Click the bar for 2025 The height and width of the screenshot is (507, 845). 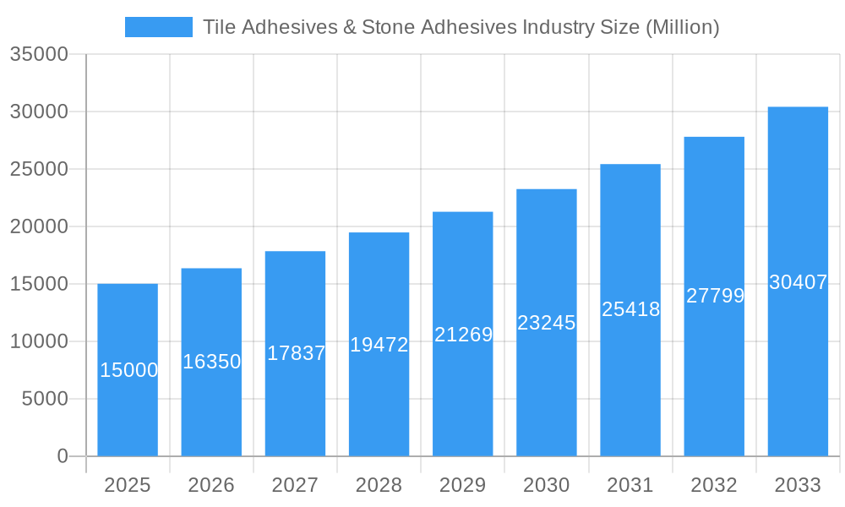click(128, 406)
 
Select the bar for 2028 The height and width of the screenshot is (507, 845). click(379, 397)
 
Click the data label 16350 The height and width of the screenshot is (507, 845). click(212, 362)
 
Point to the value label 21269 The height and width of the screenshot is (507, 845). click(463, 335)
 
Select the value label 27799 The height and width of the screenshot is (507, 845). click(715, 296)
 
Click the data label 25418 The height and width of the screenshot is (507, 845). click(630, 309)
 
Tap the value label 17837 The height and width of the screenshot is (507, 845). click(296, 353)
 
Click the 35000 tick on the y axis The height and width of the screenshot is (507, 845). click(39, 54)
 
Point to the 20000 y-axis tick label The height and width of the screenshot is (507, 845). click(39, 226)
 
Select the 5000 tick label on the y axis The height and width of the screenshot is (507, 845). click(45, 399)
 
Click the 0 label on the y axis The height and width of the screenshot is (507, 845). click(63, 456)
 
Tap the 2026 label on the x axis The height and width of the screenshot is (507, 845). click(211, 485)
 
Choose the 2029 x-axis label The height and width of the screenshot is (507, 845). click(463, 485)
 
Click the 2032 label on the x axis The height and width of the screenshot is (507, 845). click(714, 485)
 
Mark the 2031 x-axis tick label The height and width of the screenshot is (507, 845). click(630, 485)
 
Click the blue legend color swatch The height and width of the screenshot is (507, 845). click(159, 27)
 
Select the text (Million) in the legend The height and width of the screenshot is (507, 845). click(681, 27)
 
